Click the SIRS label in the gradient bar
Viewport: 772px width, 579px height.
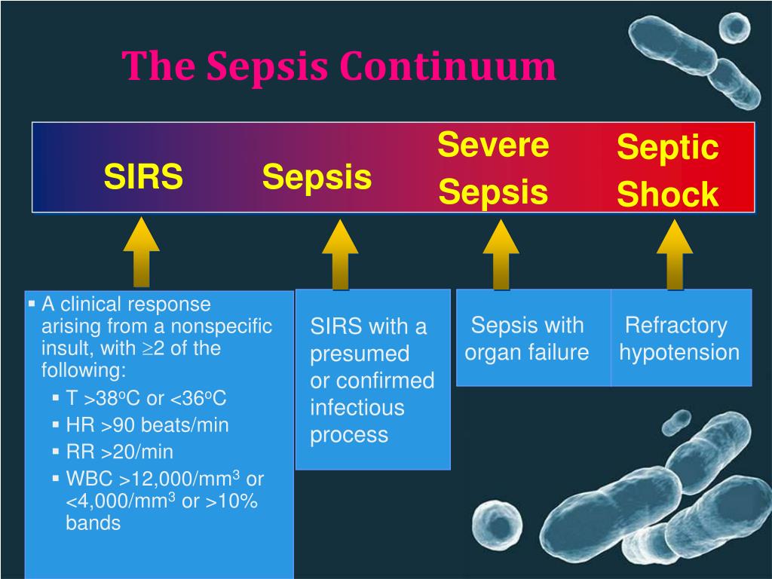pyautogui.click(x=143, y=178)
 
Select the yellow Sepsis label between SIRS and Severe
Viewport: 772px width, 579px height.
pyautogui.click(x=317, y=178)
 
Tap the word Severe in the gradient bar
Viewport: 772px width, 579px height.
pyautogui.click(x=493, y=144)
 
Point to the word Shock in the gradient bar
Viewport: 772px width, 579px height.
pyautogui.click(x=667, y=195)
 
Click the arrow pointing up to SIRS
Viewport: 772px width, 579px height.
pyautogui.click(x=142, y=252)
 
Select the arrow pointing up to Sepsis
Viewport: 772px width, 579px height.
pyautogui.click(x=340, y=253)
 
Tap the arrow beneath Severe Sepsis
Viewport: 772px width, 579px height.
pyautogui.click(x=501, y=253)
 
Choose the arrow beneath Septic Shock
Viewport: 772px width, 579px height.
pyautogui.click(x=674, y=253)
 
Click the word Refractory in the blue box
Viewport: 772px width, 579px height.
pyautogui.click(x=676, y=326)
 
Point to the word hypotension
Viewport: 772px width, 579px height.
pyautogui.click(x=679, y=352)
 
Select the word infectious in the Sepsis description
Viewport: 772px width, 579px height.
pyautogui.click(x=357, y=408)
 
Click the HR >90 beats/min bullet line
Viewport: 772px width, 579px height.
pyautogui.click(x=147, y=425)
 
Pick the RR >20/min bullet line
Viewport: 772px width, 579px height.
pyautogui.click(x=119, y=452)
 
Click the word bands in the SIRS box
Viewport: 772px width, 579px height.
pyautogui.click(x=93, y=523)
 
